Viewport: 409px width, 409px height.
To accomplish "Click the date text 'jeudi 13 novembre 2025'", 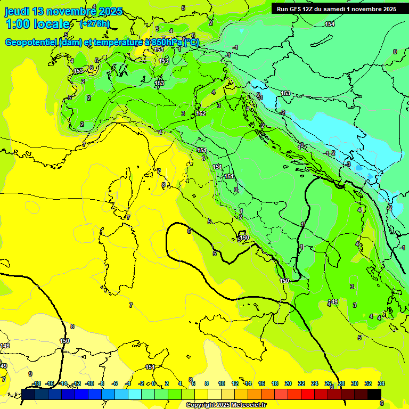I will click(x=63, y=11).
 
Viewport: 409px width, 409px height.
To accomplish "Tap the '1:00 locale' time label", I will click(x=37, y=24).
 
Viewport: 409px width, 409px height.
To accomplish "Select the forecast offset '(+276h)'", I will click(x=94, y=23).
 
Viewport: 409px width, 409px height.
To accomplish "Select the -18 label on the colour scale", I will click(x=36, y=383).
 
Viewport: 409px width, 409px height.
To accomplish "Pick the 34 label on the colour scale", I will click(x=381, y=383).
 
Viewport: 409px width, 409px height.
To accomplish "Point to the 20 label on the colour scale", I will click(x=288, y=383).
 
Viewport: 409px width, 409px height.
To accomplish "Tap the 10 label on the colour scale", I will click(x=222, y=383).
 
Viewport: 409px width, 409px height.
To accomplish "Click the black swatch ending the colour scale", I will click(x=374, y=394).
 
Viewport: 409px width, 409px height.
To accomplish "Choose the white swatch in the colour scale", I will click(x=215, y=394).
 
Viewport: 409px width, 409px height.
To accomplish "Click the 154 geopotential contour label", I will click(x=330, y=24).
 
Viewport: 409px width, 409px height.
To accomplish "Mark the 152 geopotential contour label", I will click(x=201, y=113).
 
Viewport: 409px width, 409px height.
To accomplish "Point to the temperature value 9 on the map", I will click(x=30, y=374).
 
